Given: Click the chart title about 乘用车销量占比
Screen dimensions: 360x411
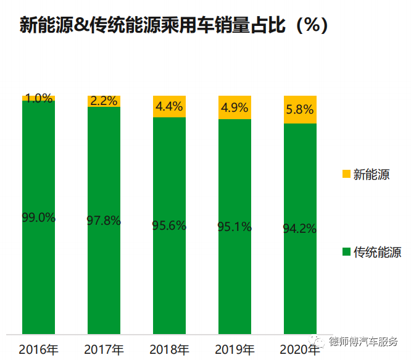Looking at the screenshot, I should [x=173, y=25].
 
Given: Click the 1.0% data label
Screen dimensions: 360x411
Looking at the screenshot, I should [x=38, y=98].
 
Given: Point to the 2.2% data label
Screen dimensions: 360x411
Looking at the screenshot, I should [x=104, y=101].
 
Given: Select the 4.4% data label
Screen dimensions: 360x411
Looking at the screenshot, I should [x=169, y=106].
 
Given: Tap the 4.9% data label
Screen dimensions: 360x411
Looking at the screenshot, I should [x=235, y=107].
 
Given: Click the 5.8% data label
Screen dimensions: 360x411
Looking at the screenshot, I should [x=300, y=109].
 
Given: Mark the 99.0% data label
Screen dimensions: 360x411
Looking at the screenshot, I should [x=38, y=217].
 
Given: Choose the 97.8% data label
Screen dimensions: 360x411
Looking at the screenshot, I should [x=104, y=220].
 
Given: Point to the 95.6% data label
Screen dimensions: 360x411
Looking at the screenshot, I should [x=169, y=225].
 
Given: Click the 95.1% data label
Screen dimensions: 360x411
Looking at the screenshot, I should [x=235, y=227].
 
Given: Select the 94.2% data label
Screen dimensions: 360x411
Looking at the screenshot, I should [x=300, y=228].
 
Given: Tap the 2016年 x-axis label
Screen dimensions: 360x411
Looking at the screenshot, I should [x=38, y=350].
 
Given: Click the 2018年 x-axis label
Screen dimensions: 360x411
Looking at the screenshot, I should [x=169, y=350].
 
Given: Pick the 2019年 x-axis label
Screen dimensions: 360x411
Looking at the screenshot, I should [x=235, y=350].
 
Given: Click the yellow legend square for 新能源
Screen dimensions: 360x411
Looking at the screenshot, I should [x=346, y=174].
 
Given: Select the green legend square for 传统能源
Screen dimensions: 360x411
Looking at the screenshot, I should [x=346, y=252].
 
